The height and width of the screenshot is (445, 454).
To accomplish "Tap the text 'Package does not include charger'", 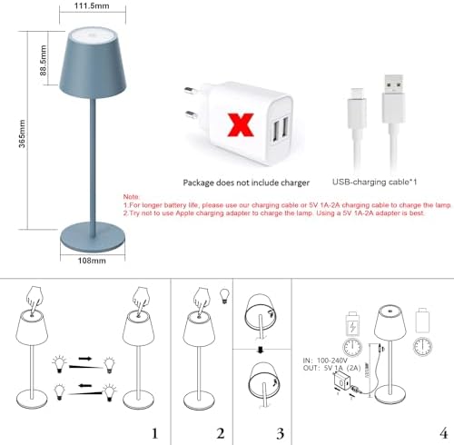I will tap(239, 182).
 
